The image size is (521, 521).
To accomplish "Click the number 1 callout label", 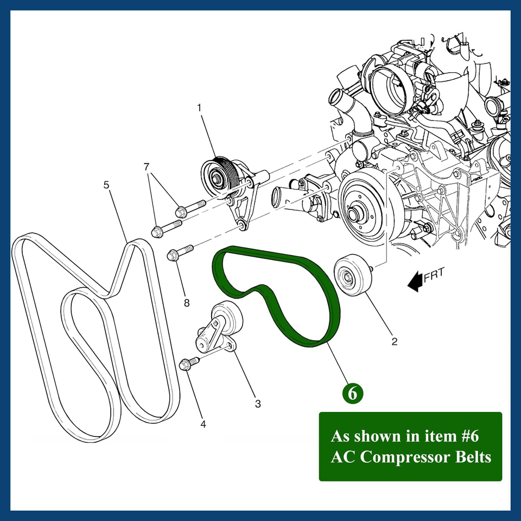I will click(199, 107).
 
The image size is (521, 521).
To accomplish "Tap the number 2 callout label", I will click(395, 341).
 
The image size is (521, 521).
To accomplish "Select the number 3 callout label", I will click(258, 403).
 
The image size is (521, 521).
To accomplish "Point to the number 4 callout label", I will click(203, 424).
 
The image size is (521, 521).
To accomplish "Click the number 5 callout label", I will click(106, 185).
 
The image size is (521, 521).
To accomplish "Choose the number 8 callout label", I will click(187, 303).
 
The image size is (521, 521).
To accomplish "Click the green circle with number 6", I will click(352, 393).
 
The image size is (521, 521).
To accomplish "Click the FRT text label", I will click(434, 275).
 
